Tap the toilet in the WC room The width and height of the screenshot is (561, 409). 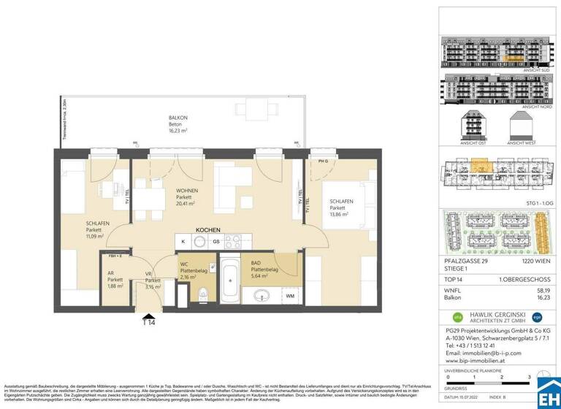204,293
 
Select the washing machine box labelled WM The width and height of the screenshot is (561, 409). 289,296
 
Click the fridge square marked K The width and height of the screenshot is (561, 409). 183,241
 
